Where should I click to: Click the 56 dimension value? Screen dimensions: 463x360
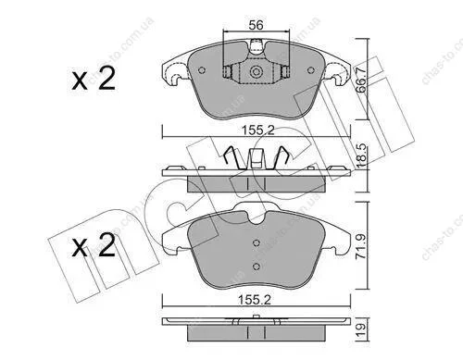257,25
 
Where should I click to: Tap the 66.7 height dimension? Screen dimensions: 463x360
361,80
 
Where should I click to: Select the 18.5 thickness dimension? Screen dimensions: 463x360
361,155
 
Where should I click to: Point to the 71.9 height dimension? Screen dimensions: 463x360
361,246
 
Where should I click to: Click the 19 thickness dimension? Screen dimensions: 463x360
361,329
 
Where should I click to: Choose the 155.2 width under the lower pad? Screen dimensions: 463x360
255,300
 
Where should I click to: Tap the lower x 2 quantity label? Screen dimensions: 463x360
94,245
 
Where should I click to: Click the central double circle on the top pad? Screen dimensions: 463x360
257,72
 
